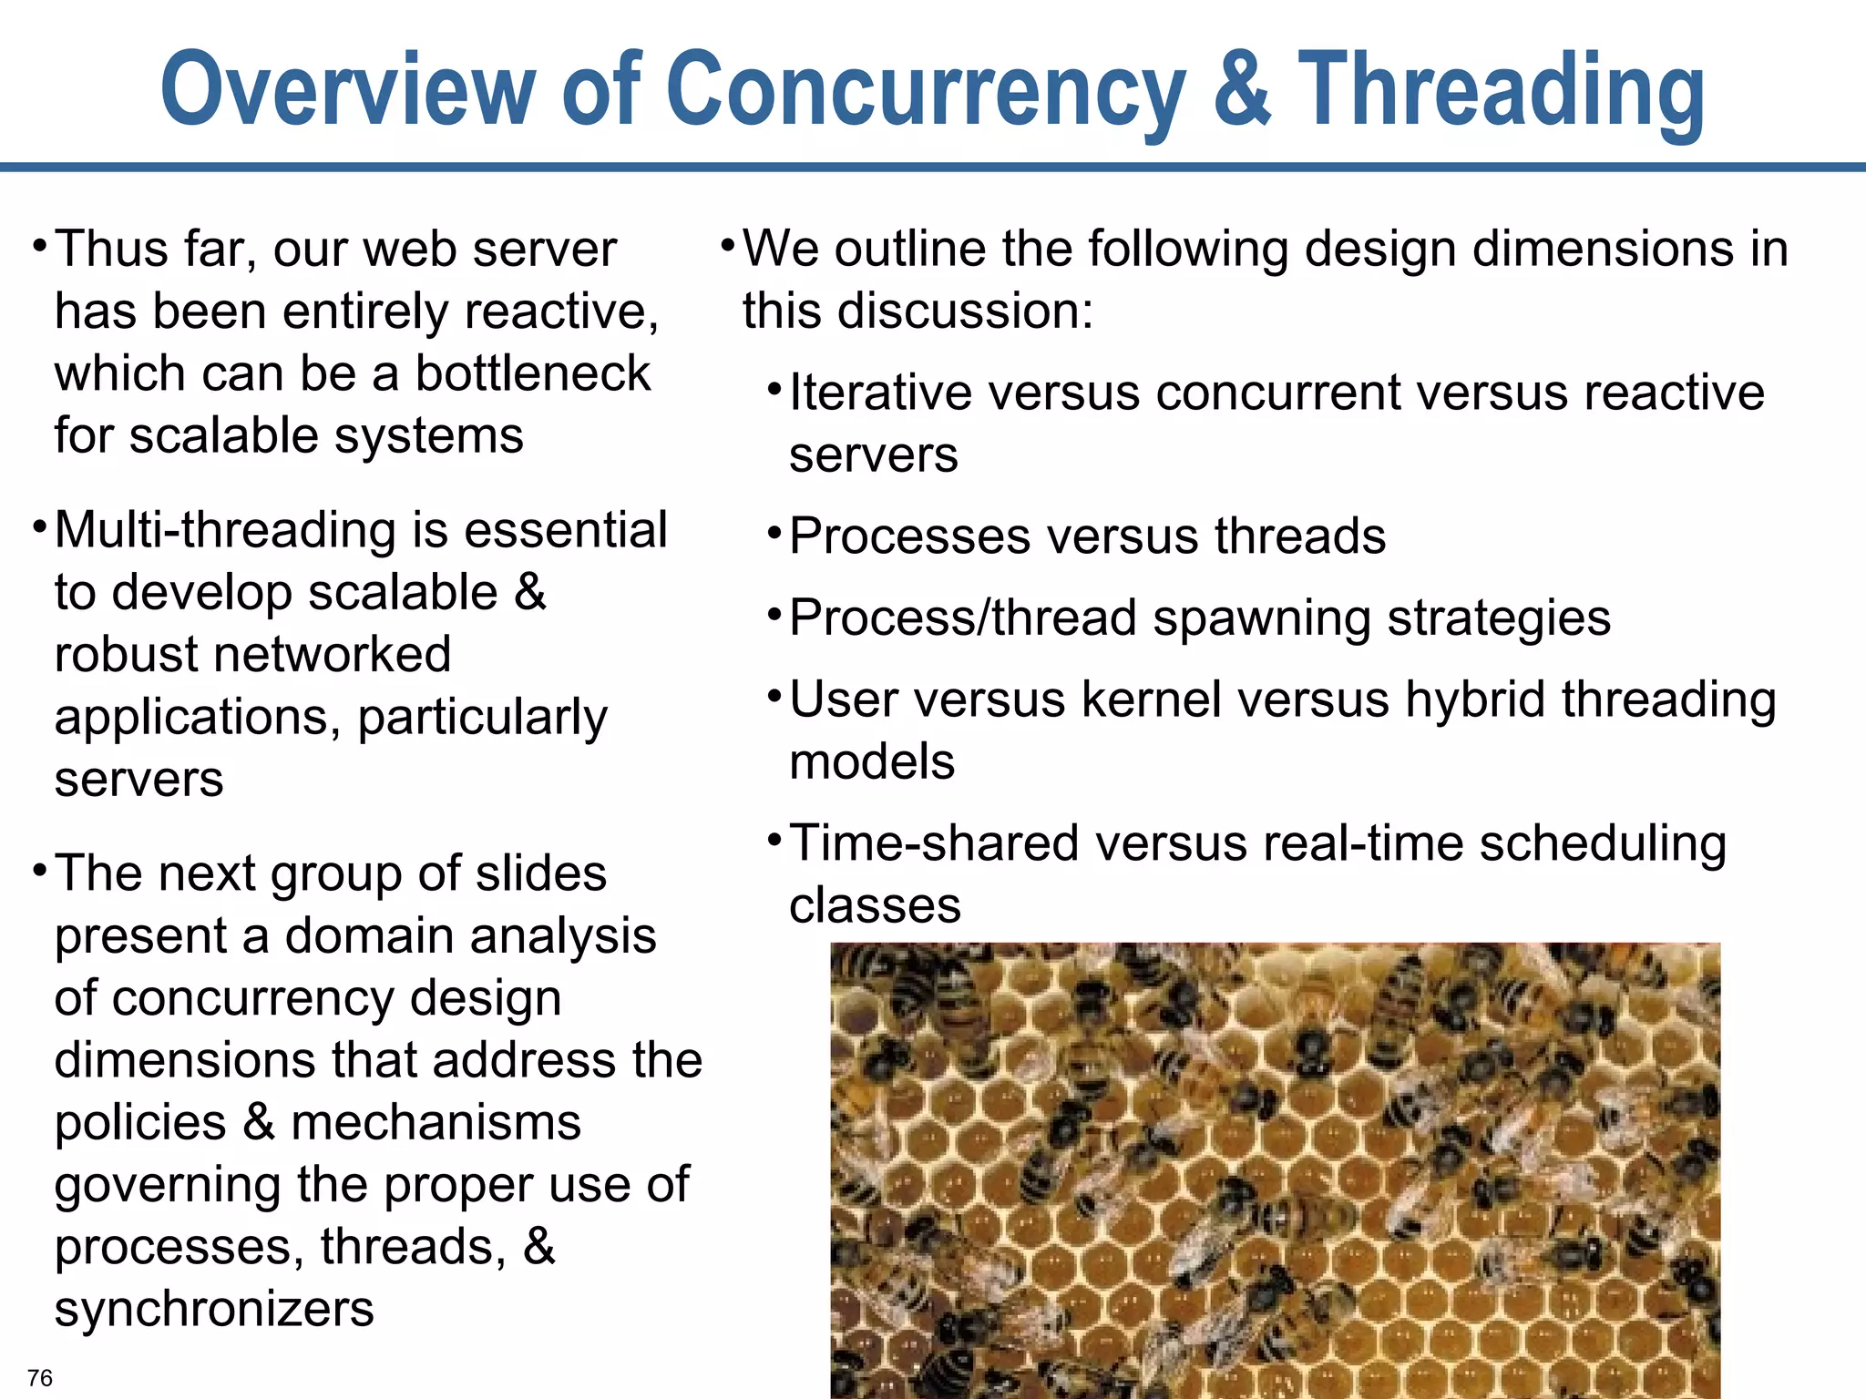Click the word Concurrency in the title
point(925,89)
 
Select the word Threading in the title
point(1501,89)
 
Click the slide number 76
point(40,1377)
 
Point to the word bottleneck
point(533,373)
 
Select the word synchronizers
point(214,1310)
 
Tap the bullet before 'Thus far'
point(38,246)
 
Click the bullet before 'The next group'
point(38,871)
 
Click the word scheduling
point(1603,843)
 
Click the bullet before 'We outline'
point(727,246)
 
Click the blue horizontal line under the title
point(933,168)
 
